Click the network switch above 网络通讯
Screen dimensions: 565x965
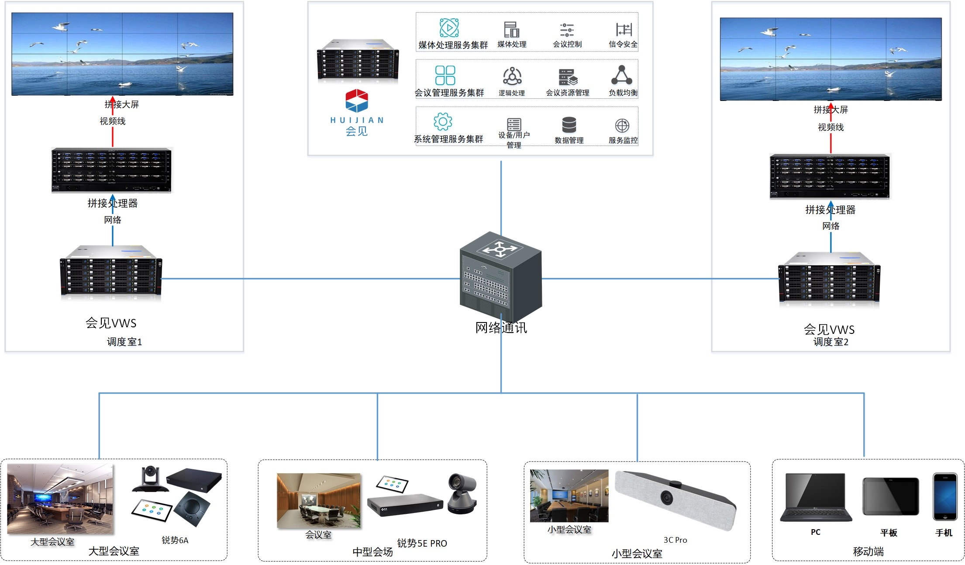501,275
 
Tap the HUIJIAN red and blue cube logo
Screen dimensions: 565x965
357,101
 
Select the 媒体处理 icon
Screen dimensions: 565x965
511,30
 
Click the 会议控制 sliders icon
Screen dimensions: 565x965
567,30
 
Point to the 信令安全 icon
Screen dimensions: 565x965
624,29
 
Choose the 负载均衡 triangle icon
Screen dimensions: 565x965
622,75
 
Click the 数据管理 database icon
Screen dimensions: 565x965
569,125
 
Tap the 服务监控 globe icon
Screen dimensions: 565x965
622,126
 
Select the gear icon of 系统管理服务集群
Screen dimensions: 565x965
443,121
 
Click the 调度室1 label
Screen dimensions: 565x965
124,342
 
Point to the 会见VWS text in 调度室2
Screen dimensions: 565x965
829,329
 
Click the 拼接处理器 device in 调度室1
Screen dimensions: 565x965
112,170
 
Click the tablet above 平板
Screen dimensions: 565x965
890,496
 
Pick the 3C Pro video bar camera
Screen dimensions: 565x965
675,501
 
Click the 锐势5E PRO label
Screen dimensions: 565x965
422,543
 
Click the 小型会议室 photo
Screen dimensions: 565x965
569,496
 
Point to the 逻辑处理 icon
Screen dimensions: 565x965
512,76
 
